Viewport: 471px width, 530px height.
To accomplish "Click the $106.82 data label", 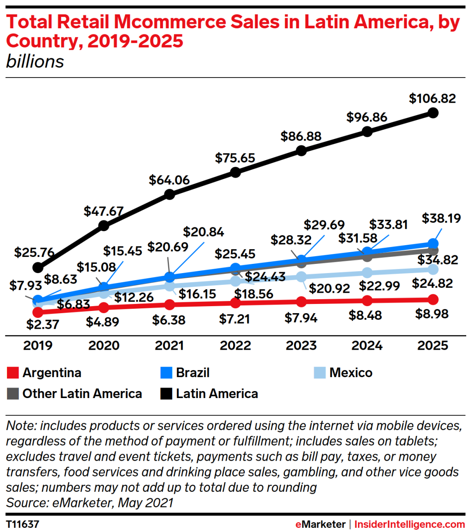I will [432, 98].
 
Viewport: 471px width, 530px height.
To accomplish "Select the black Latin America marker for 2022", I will [235, 172].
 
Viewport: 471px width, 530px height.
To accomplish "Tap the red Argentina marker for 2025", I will [433, 299].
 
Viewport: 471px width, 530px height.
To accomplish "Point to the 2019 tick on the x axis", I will [38, 345].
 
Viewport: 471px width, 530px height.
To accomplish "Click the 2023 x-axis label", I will [301, 345].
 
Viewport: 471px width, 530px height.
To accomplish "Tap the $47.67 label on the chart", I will [104, 211].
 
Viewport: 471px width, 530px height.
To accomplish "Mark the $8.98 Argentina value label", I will [432, 314].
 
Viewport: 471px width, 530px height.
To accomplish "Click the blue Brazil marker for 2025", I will [433, 243].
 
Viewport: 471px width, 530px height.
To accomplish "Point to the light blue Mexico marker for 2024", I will [367, 273].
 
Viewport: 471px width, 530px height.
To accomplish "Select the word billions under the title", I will [35, 62].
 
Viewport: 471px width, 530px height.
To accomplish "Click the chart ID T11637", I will [23, 524].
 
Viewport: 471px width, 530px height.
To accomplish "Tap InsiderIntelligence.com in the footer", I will [410, 524].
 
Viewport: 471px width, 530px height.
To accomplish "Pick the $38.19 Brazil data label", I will [441, 218].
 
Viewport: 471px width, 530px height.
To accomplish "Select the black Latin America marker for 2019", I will [38, 267].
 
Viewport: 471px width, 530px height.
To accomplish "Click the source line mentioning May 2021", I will [90, 503].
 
